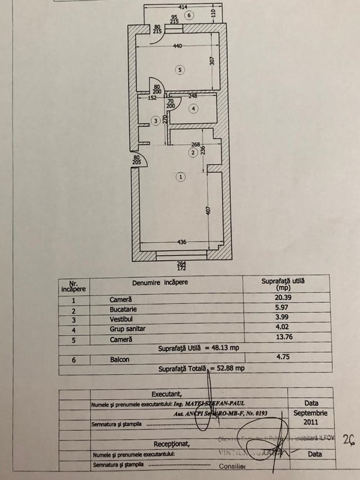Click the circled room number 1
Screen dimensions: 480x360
181,177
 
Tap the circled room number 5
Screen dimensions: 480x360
179,70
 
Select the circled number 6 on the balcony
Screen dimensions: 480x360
189,15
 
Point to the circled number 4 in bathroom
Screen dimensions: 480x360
194,108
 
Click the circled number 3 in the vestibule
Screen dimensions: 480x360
156,120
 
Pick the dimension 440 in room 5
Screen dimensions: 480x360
177,46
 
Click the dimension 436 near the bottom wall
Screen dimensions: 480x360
181,242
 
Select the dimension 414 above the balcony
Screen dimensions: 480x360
182,6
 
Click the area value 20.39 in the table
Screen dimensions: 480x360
283,299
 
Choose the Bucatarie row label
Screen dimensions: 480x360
123,309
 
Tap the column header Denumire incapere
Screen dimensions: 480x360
160,281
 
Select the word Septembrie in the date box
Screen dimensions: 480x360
311,413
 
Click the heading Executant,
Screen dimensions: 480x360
166,393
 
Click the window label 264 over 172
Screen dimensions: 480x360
182,265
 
